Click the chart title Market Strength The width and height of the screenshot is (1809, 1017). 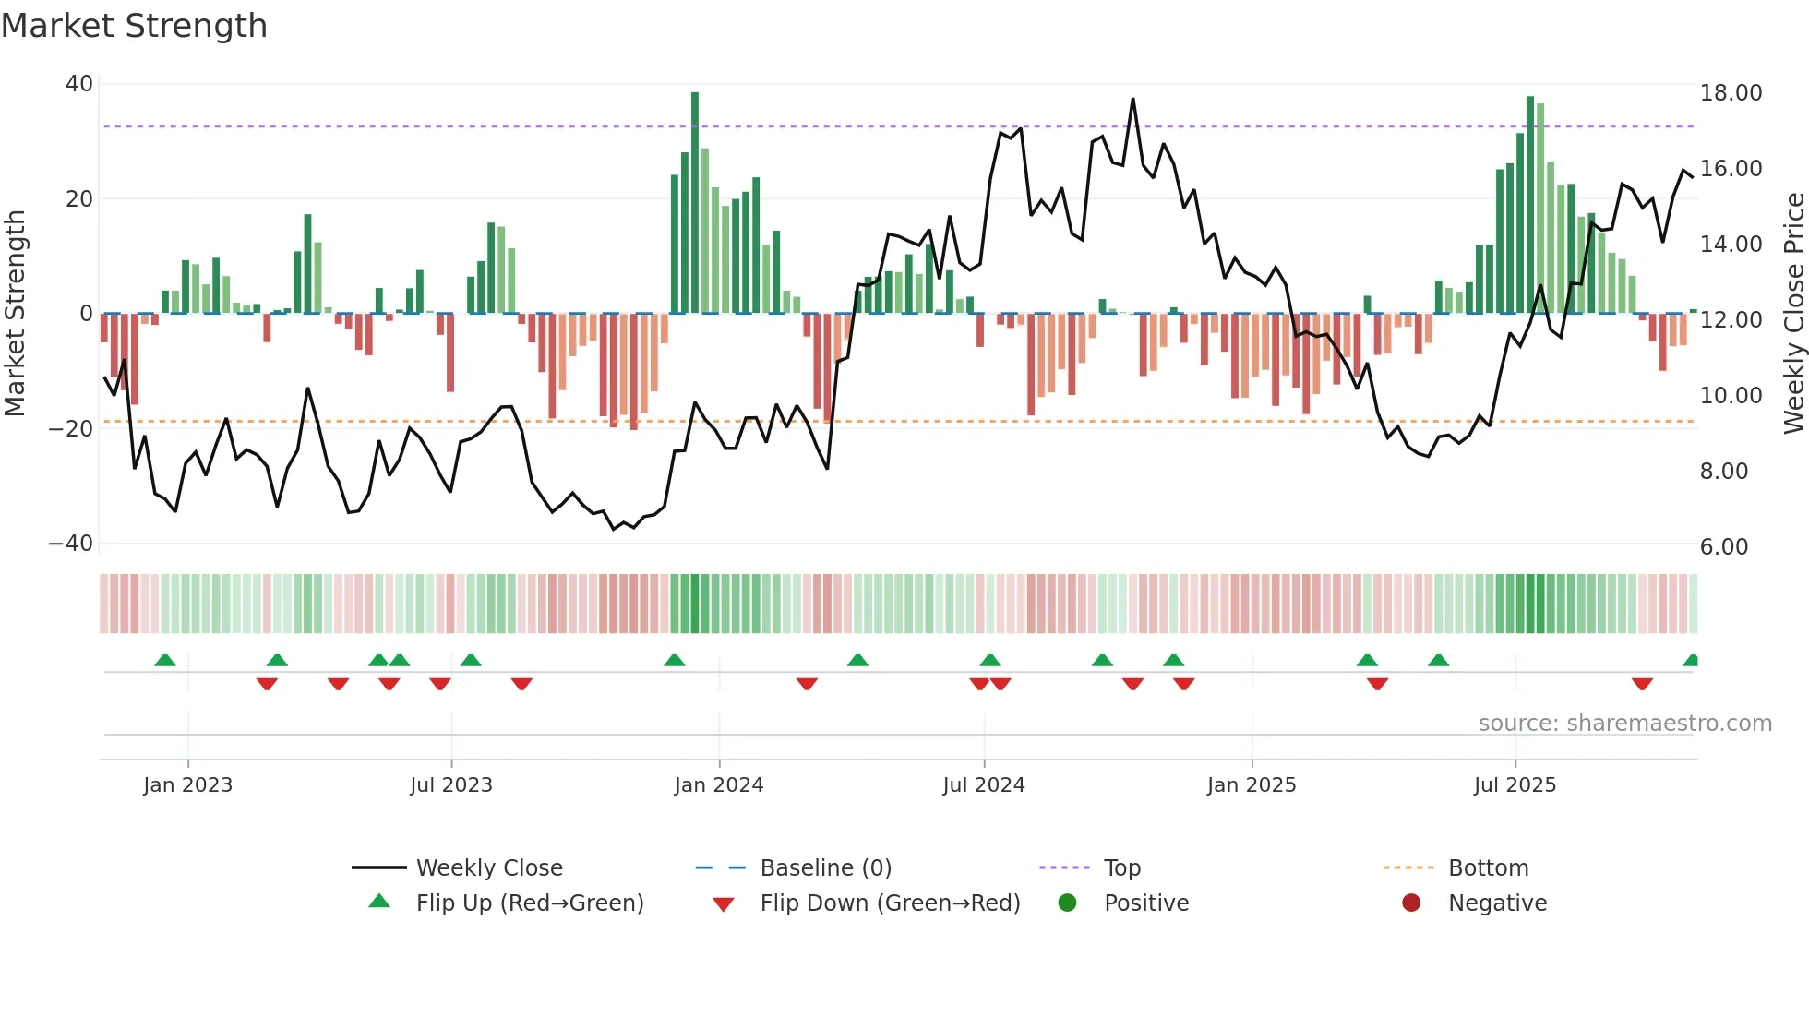coord(134,26)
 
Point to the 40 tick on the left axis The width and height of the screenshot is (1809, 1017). coord(79,84)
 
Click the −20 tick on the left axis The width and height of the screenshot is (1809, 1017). coord(71,429)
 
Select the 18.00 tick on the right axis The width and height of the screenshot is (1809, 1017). coord(1731,93)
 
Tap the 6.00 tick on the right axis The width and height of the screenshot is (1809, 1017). coord(1724,547)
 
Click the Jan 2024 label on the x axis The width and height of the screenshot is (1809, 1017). coord(719,785)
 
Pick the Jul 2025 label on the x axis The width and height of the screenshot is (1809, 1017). coord(1515,785)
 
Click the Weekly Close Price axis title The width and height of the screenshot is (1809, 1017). coord(1793,314)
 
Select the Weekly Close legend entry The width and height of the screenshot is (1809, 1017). coord(488,868)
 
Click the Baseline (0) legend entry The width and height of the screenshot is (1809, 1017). coord(825,868)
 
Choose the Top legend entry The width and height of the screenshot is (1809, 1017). coord(1121,868)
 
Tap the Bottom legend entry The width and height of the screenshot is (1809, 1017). coord(1488,868)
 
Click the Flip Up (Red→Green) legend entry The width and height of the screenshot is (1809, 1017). coord(529,903)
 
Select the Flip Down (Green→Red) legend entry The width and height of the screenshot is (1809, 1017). coord(890,903)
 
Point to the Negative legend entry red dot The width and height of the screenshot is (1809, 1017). coord(1411,903)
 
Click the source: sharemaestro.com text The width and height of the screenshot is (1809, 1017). coord(1624,724)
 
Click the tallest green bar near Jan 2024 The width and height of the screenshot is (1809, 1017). coord(695,203)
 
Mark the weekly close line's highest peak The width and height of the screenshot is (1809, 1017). coord(1132,100)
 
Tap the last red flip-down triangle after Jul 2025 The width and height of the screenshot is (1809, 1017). coord(1642,684)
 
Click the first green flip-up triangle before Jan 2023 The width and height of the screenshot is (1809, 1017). coord(165,660)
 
